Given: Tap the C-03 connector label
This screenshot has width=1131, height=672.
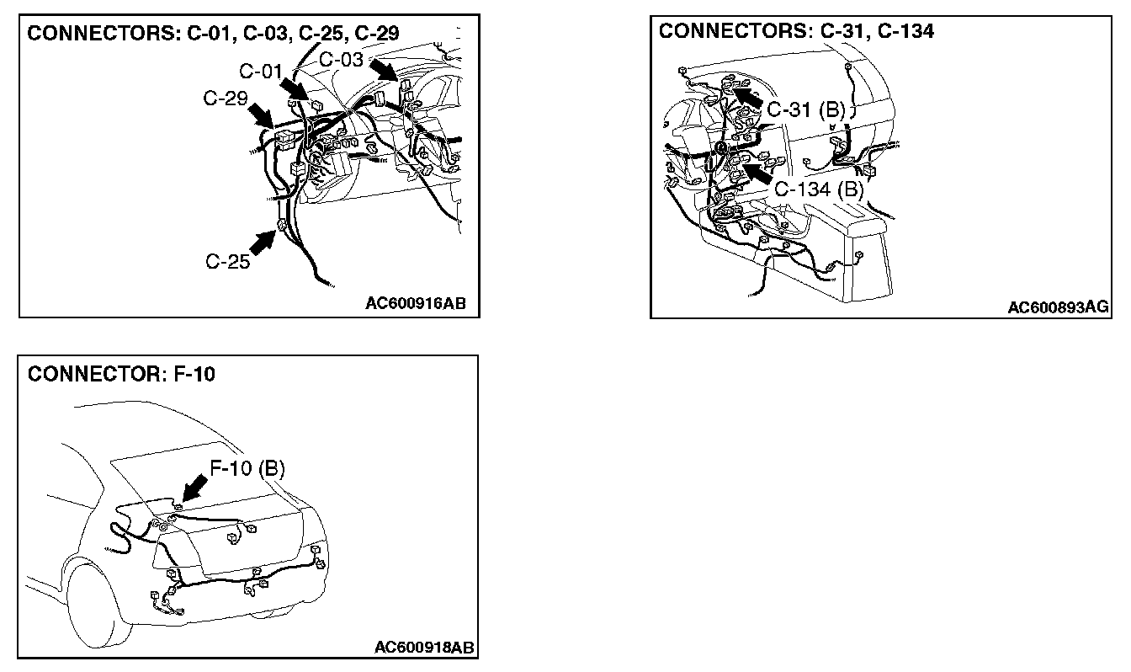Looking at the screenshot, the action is click(342, 59).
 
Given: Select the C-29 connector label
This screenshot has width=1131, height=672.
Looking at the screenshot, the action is click(226, 99).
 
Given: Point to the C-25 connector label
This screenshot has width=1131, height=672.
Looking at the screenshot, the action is click(228, 261).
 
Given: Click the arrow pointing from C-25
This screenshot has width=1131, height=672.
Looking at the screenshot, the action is click(263, 244).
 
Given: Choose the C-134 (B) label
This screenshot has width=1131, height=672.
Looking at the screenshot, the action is click(820, 189).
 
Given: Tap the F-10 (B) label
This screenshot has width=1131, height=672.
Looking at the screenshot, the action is click(247, 468).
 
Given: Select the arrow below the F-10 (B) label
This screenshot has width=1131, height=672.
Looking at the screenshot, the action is click(194, 488).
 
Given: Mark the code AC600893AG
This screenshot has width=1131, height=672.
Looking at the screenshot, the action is click(1058, 307).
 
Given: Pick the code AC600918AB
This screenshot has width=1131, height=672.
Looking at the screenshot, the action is click(424, 647).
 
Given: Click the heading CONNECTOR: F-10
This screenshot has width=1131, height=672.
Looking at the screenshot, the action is click(121, 375).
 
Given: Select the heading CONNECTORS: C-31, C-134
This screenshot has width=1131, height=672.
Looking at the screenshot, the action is click(796, 32).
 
